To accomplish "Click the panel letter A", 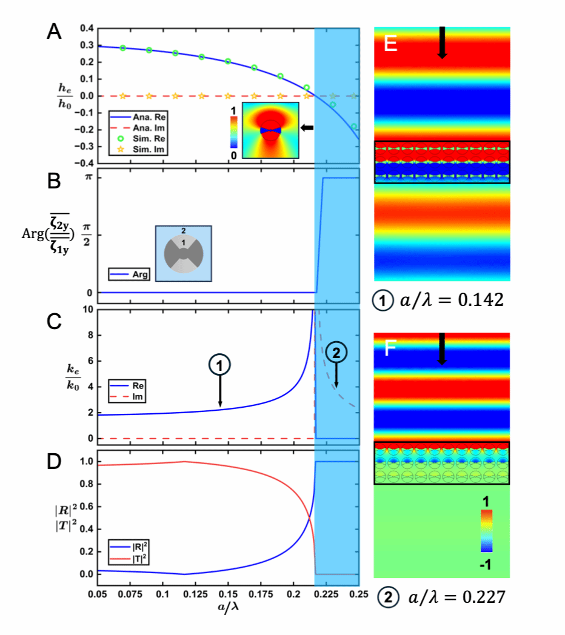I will (x=54, y=32).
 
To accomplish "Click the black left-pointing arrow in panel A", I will (x=308, y=127).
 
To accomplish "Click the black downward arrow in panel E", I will (x=443, y=42).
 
